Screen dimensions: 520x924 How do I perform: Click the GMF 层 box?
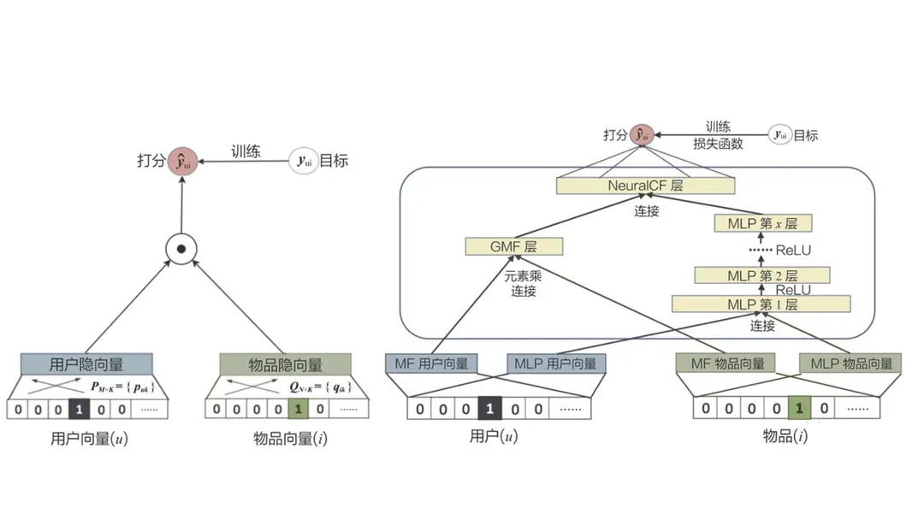coord(513,247)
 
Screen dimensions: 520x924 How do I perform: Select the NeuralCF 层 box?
coord(645,186)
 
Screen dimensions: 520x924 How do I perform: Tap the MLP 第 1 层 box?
coord(761,304)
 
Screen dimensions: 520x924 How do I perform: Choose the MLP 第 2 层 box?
coord(761,275)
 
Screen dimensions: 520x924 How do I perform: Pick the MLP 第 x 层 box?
coord(761,224)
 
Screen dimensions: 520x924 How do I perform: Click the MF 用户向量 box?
coord(432,363)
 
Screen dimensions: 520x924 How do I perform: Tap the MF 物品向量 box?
coord(726,363)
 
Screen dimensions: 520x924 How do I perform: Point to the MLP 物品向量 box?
coord(850,363)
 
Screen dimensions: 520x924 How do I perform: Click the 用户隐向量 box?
coord(86,364)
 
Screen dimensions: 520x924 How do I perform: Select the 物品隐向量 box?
coord(284,364)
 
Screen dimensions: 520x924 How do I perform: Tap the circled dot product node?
coord(181,249)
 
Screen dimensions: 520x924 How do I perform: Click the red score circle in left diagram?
coord(181,160)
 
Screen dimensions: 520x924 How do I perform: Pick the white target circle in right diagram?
coord(779,134)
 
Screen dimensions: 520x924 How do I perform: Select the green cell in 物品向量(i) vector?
coord(298,409)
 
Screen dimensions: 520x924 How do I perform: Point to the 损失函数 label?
coord(718,145)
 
